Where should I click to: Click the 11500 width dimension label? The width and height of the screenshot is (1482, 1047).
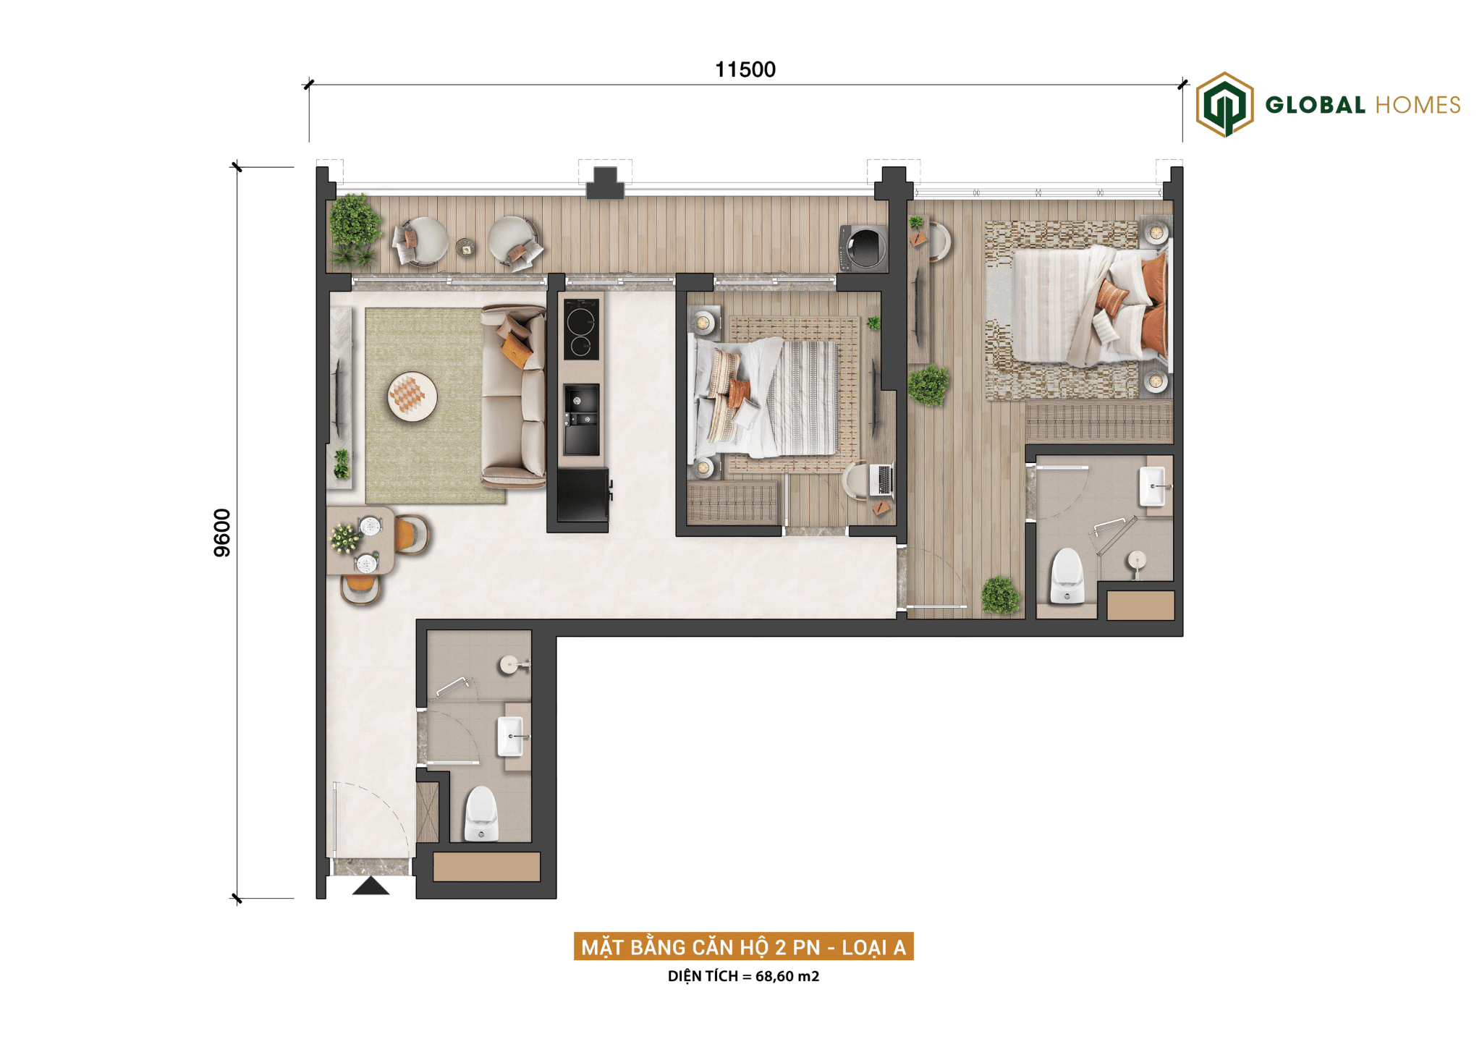click(745, 69)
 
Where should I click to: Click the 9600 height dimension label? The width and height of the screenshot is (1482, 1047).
click(222, 533)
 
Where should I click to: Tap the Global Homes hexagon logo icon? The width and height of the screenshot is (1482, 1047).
click(1224, 104)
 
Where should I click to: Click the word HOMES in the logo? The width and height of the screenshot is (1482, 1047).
click(1418, 105)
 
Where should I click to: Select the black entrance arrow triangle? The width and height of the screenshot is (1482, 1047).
click(370, 886)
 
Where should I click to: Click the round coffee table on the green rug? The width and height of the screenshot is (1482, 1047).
click(412, 396)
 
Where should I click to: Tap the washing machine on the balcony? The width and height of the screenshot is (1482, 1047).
click(863, 247)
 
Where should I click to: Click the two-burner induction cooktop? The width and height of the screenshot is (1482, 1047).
click(581, 329)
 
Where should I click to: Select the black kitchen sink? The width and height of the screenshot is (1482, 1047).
click(582, 420)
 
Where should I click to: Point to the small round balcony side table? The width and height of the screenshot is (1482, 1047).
click(466, 247)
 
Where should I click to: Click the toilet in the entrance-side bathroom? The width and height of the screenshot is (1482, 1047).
click(481, 814)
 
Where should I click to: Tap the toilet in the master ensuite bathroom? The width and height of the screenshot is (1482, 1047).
click(1067, 576)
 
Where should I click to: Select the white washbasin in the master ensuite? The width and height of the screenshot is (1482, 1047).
click(1153, 486)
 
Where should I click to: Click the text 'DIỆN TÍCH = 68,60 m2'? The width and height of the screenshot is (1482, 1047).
click(743, 976)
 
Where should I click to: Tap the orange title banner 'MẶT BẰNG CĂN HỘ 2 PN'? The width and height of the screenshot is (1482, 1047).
click(743, 946)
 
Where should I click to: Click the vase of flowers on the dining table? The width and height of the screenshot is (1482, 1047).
click(345, 538)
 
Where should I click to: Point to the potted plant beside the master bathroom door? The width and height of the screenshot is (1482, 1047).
click(1001, 595)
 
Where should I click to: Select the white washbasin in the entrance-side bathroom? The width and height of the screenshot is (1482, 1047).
click(510, 736)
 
